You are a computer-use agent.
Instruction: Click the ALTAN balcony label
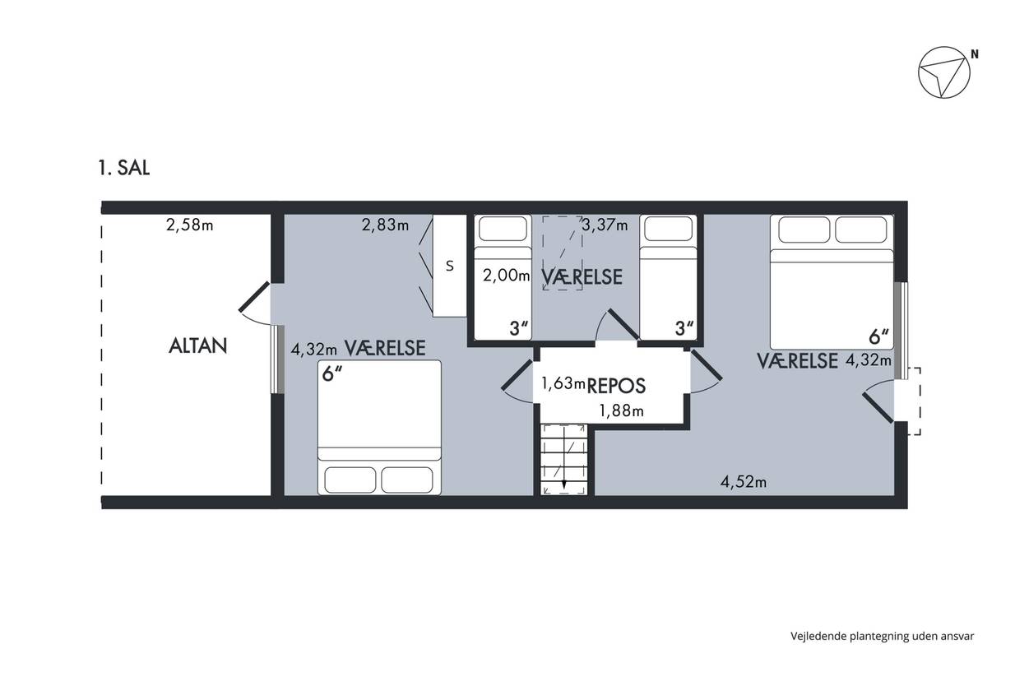[197, 346]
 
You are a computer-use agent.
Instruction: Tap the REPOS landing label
[616, 386]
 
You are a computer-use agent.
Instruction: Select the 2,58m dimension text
[189, 225]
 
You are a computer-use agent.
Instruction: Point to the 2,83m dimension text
[385, 225]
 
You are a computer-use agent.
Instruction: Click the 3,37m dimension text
[605, 225]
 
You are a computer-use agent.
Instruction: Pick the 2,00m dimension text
[506, 275]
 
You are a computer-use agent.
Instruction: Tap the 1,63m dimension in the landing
[563, 383]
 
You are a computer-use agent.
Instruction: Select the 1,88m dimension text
[621, 410]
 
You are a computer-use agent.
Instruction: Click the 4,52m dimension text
[744, 482]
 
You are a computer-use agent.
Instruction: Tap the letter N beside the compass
[975, 54]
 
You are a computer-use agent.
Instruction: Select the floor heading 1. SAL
[123, 168]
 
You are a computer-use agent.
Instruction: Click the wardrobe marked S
[449, 266]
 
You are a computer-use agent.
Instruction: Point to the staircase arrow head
[564, 485]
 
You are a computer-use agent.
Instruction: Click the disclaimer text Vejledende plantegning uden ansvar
[883, 636]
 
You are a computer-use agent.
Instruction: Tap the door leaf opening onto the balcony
[254, 297]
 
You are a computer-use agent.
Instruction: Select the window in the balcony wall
[278, 359]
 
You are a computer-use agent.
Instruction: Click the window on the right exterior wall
[901, 331]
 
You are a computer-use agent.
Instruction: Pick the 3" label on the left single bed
[519, 329]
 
